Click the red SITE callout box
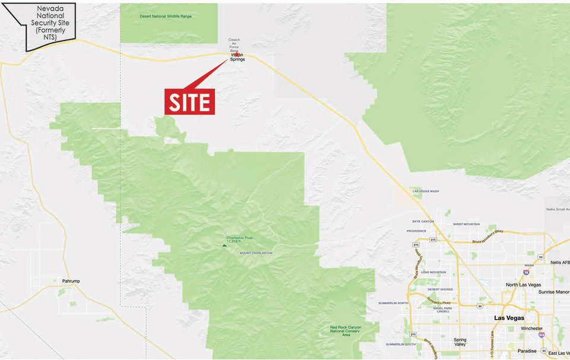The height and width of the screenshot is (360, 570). tap(189, 102)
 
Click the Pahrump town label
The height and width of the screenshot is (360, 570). tap(71, 281)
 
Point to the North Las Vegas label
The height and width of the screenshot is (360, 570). tap(522, 285)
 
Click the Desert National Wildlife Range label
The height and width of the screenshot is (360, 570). tap(166, 16)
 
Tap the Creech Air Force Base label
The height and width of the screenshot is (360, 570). tap(235, 46)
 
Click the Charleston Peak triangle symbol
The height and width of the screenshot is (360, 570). tap(224, 245)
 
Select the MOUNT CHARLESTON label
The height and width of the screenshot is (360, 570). tap(256, 253)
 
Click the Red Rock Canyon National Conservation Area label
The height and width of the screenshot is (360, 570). tap(346, 331)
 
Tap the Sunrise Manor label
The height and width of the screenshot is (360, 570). tap(554, 292)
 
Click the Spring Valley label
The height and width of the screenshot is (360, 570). tap(460, 342)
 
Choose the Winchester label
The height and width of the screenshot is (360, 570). tap(532, 329)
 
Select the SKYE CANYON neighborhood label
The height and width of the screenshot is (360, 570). tap(420, 221)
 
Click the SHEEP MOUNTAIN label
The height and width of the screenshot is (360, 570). tap(466, 224)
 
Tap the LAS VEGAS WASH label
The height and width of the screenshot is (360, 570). tap(426, 191)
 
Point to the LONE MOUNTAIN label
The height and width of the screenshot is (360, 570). tap(433, 272)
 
